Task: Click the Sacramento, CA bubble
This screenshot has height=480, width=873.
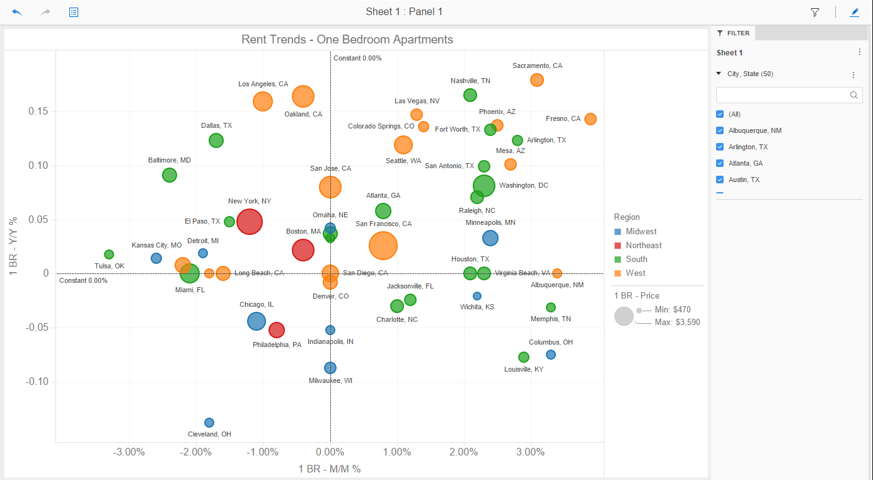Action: click(537, 80)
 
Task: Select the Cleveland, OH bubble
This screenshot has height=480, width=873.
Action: click(209, 423)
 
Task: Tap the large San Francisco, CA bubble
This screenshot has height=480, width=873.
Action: click(383, 246)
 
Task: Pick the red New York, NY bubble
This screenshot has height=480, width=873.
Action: click(250, 222)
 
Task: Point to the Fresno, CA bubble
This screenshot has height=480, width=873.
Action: click(591, 119)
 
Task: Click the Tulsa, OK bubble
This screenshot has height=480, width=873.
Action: click(109, 254)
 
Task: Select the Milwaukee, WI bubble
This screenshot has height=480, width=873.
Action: click(330, 368)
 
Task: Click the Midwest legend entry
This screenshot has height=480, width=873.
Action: click(640, 232)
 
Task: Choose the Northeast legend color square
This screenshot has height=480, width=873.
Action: click(618, 246)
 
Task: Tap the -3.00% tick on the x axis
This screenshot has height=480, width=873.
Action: click(130, 452)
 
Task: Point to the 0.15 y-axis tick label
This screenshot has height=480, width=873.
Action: click(38, 111)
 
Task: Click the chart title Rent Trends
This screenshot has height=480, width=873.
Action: click(347, 40)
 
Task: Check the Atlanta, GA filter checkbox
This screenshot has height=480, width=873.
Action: click(720, 163)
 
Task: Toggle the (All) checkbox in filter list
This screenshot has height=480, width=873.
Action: click(720, 114)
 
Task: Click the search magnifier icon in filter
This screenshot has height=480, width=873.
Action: click(854, 95)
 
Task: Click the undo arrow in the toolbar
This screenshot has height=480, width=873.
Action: click(17, 12)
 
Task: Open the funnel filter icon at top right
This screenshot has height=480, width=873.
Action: click(815, 12)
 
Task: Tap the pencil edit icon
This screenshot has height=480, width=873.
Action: click(855, 12)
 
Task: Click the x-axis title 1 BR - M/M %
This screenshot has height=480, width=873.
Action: click(330, 469)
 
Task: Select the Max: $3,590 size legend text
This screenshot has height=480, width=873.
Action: click(678, 323)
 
